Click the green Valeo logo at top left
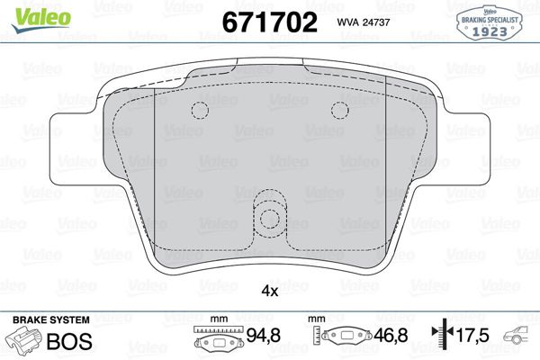pos(30,12)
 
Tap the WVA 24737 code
pos(364,23)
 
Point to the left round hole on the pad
pos(200,110)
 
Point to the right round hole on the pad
pos(339,110)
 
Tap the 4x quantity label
pos(269,291)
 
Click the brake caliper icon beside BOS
pos(24,343)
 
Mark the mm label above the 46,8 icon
pos(316,319)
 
